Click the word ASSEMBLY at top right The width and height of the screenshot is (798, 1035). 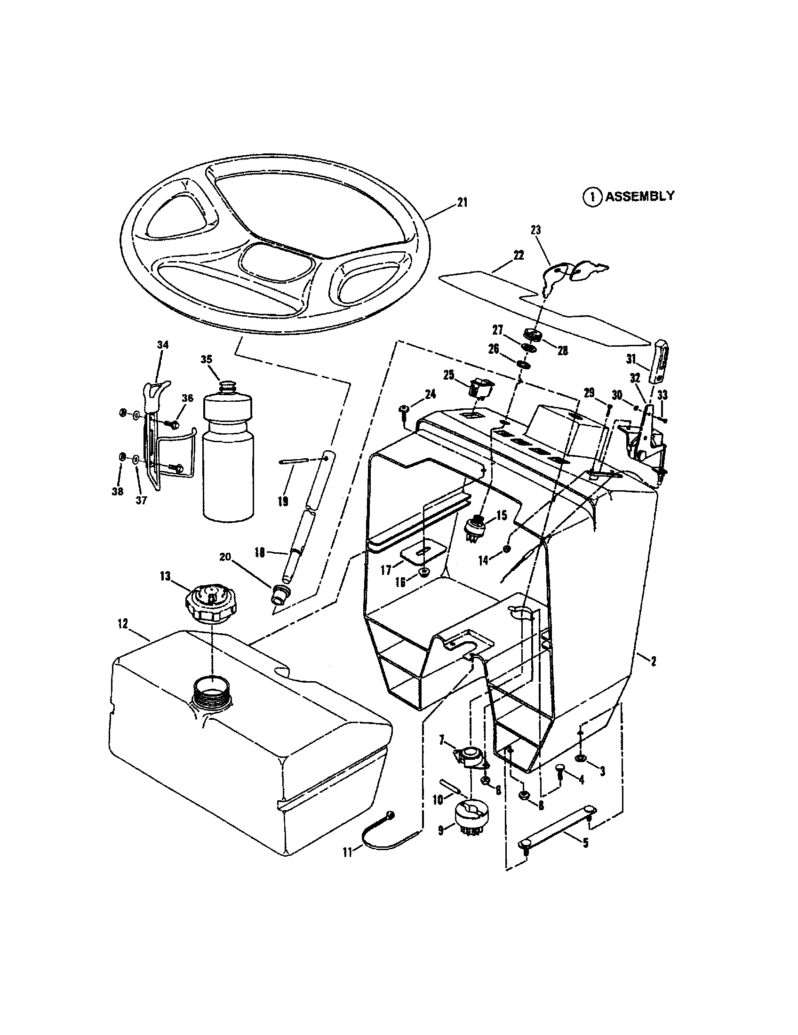[640, 196]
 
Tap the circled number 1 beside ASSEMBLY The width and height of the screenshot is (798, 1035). [591, 197]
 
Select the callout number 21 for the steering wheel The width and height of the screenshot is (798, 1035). [462, 203]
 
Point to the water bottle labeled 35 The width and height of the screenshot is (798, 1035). [228, 448]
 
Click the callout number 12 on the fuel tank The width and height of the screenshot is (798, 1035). [123, 624]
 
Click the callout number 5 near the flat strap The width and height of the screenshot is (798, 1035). [586, 843]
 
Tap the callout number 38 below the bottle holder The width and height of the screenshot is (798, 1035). [117, 492]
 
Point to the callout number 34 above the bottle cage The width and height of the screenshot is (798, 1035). [162, 345]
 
